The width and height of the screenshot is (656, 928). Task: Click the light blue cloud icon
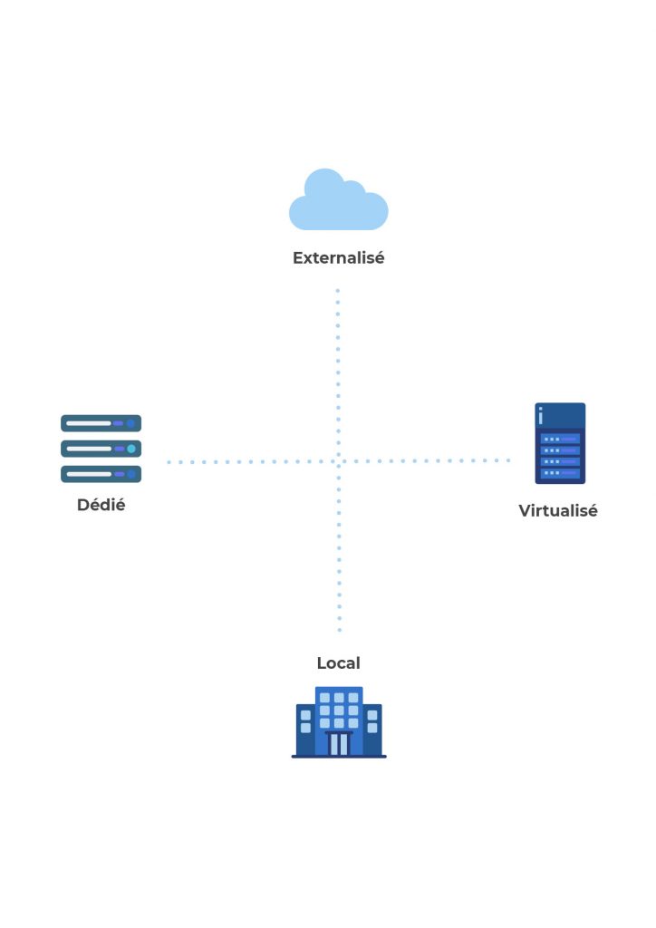click(338, 203)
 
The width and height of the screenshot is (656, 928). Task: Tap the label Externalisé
click(338, 258)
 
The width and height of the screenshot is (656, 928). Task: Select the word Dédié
click(101, 506)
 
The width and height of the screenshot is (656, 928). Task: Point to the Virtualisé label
click(558, 511)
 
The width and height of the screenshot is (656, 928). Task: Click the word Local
click(338, 663)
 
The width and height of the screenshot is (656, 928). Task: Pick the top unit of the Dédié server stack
click(101, 423)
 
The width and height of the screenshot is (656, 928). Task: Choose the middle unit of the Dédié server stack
click(101, 449)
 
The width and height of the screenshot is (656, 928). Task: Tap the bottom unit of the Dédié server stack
click(101, 474)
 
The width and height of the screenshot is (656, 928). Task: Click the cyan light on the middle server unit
click(131, 449)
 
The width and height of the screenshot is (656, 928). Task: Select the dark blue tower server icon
click(560, 443)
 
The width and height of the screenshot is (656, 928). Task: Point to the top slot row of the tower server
click(560, 439)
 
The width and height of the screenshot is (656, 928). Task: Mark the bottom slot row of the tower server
click(560, 473)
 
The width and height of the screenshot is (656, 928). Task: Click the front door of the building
click(339, 744)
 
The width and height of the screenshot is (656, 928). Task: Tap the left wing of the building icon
click(305, 729)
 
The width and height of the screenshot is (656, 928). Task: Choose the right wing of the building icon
click(372, 729)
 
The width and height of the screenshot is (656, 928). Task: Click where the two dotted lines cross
click(338, 461)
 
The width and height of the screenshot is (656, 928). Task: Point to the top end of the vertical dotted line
click(338, 292)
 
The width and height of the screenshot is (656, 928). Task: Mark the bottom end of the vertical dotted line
click(340, 630)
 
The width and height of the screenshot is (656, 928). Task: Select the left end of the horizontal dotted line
click(169, 462)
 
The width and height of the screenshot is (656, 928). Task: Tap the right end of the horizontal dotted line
click(508, 460)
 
